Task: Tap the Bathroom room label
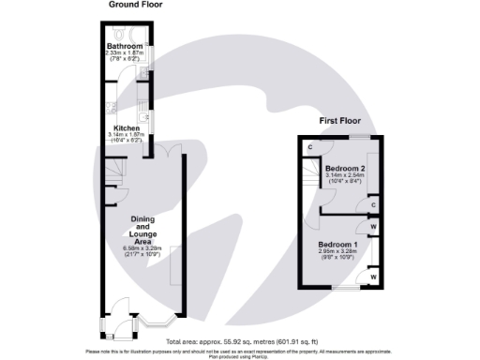[125, 46]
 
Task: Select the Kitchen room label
[127, 127]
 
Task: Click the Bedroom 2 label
[345, 168]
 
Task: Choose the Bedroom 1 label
[335, 244]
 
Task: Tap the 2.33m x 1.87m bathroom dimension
[125, 53]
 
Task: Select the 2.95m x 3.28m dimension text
[335, 251]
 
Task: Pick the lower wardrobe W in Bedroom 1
[373, 277]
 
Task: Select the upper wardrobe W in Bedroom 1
[373, 226]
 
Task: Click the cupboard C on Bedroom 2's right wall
[373, 204]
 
